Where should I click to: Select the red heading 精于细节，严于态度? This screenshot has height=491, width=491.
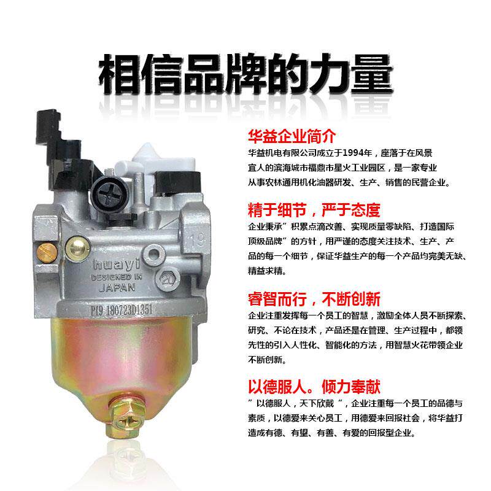pyautogui.click(x=314, y=210)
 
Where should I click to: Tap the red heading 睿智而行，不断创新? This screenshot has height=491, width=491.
pyautogui.click(x=314, y=299)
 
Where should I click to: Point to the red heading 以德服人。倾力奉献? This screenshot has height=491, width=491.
pyautogui.click(x=314, y=387)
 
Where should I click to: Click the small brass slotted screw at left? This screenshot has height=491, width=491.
pyautogui.click(x=42, y=249)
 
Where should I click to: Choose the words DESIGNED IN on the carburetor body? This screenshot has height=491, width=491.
pyautogui.click(x=109, y=276)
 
